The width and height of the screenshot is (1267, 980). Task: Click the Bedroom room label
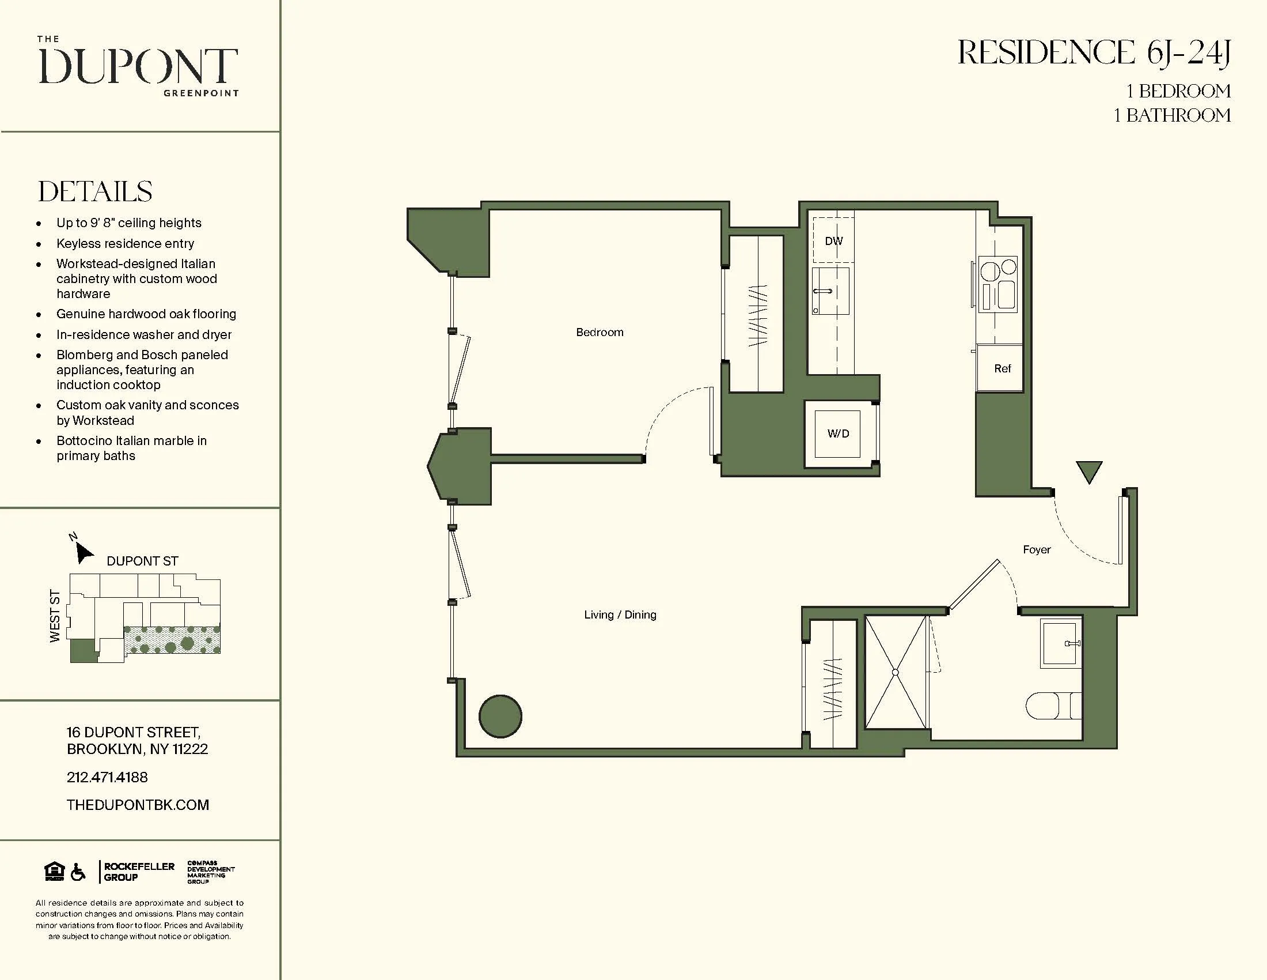(600, 332)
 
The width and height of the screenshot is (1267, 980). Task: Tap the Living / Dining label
(620, 615)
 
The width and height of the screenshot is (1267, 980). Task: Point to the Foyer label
(1036, 549)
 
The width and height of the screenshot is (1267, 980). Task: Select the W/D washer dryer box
(838, 433)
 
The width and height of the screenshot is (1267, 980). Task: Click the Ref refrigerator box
(1002, 368)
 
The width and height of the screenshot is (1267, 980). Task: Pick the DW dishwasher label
(833, 240)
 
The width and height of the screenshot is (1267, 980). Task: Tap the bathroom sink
(1060, 643)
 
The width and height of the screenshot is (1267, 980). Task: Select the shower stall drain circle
(895, 672)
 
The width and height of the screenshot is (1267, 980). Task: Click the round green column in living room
(500, 717)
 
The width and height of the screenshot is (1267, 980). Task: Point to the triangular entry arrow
(1088, 471)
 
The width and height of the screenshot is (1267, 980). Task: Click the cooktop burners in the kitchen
(998, 284)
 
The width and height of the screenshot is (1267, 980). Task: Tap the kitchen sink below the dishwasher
(829, 291)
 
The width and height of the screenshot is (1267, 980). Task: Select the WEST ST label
(55, 616)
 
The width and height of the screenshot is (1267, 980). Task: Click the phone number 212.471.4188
(107, 777)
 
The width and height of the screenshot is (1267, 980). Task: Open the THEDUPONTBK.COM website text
(138, 805)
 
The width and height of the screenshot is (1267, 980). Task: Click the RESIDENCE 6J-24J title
(1094, 53)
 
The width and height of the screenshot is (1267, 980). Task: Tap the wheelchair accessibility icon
(78, 872)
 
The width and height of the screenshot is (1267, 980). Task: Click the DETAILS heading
(95, 191)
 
